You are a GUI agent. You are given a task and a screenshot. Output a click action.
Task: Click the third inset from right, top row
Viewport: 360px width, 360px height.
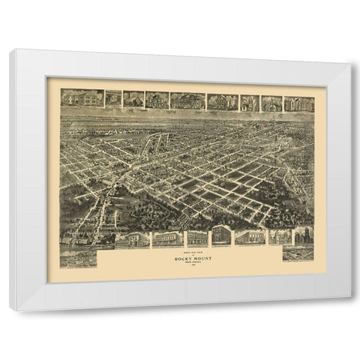click(250, 103)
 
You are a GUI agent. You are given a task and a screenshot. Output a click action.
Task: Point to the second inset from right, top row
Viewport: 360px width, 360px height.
click(271, 103)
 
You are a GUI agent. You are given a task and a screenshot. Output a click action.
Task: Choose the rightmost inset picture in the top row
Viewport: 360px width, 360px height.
click(298, 104)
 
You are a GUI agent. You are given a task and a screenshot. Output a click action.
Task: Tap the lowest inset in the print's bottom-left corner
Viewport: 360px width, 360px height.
click(78, 258)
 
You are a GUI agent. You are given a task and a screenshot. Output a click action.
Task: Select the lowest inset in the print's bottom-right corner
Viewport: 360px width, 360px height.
click(298, 253)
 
